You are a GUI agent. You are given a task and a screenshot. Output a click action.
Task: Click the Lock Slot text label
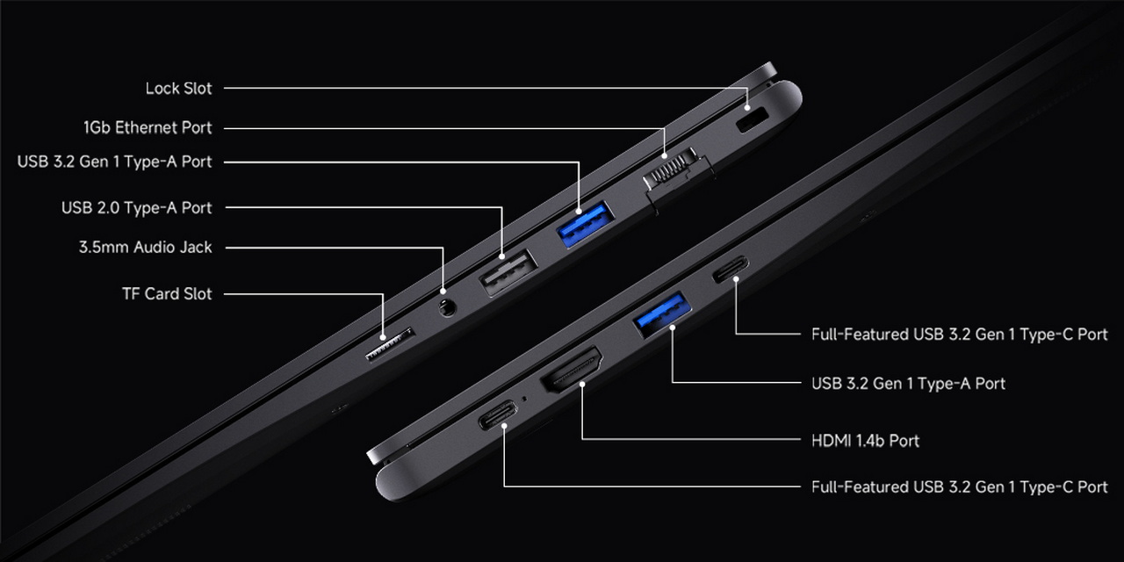coord(178,89)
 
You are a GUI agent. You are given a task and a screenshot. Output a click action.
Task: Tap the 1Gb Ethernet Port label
coord(148,127)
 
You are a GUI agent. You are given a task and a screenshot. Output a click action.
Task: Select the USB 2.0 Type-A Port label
coord(136,208)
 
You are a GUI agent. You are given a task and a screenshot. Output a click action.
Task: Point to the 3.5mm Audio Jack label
coord(145,248)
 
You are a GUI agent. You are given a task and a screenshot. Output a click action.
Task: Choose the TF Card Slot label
coord(167,293)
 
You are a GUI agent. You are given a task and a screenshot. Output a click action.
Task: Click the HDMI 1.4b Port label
coord(865,441)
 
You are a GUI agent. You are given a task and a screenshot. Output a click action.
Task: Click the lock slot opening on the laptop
coord(753,120)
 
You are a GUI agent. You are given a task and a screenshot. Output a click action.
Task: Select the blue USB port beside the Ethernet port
coord(586,224)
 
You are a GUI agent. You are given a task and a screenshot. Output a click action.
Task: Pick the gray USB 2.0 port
coord(508,271)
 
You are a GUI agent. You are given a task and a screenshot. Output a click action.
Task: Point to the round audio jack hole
coord(447,307)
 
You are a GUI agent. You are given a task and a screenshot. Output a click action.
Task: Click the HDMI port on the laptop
coord(572,370)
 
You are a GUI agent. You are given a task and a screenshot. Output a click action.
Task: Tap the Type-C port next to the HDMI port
coord(498,414)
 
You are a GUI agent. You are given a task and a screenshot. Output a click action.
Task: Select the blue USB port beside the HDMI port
coord(662,314)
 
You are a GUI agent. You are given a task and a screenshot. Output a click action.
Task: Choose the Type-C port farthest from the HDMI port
coord(731,269)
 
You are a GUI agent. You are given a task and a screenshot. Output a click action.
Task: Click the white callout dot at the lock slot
coord(747,107)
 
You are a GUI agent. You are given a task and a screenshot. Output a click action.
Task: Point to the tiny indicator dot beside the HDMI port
coord(525,399)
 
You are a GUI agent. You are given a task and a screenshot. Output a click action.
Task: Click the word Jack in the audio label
coord(194,248)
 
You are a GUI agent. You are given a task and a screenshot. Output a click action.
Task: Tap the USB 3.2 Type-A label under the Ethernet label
coord(114,162)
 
